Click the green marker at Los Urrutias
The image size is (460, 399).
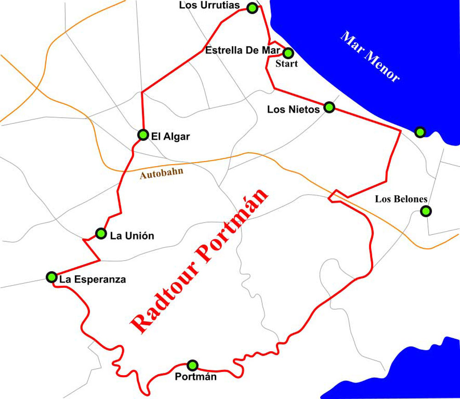tap(252, 8)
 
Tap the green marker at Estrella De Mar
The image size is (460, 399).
tap(287, 53)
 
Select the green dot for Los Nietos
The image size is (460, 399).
tap(329, 107)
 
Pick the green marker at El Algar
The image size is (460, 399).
tap(143, 135)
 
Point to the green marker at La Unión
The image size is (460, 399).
tap(101, 234)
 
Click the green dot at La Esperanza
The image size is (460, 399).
tap(52, 277)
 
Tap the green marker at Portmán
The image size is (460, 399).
tap(193, 365)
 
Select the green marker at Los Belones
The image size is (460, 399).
tap(426, 211)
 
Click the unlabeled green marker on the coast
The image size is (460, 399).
tap(420, 132)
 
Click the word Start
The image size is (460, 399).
tap(286, 64)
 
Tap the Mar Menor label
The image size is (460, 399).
tap(370, 57)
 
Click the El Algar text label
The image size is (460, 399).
tap(170, 137)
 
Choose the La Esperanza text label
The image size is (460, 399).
tap(92, 279)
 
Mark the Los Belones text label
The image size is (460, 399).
tap(401, 199)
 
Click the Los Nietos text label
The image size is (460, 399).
tap(293, 109)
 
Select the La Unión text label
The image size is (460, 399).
tap(132, 236)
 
